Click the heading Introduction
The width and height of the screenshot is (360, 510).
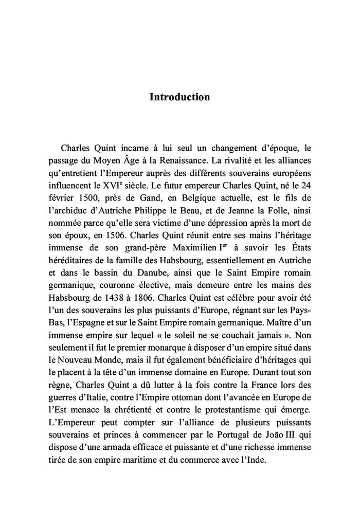[x=179, y=97]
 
